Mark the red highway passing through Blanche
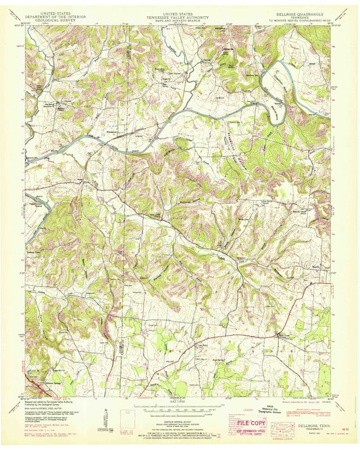[x=257, y=333]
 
